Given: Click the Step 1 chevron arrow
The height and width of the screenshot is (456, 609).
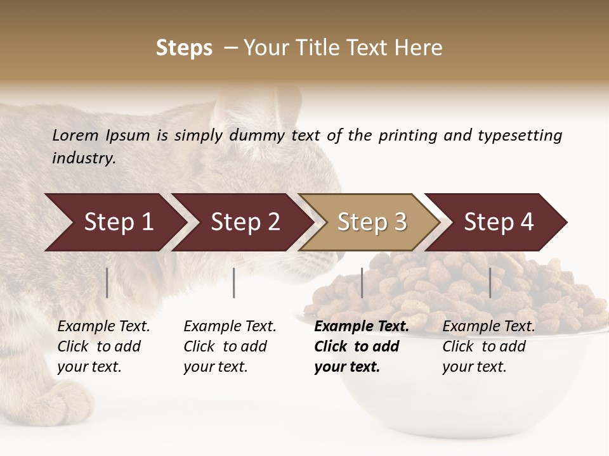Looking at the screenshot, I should coord(114,222).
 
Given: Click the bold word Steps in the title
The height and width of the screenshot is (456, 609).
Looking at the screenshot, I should coord(184,48).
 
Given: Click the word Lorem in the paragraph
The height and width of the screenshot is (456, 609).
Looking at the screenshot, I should coord(75,135).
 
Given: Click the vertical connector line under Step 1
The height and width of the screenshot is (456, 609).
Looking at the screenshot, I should coord(107,282).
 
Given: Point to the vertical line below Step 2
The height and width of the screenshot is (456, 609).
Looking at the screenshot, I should coord(234,282).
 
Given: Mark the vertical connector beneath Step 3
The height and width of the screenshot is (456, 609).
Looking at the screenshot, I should coord(362,282).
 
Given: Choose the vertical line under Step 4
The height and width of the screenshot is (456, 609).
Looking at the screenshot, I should coord(490,282).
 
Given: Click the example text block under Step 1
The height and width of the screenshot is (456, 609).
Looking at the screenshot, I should coord(103,346).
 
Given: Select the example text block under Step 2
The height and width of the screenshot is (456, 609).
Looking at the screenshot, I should coord(230,346).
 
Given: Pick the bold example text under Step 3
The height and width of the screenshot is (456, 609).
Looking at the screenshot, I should coord(362,346).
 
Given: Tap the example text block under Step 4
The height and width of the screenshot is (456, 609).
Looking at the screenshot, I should coord(488,346).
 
